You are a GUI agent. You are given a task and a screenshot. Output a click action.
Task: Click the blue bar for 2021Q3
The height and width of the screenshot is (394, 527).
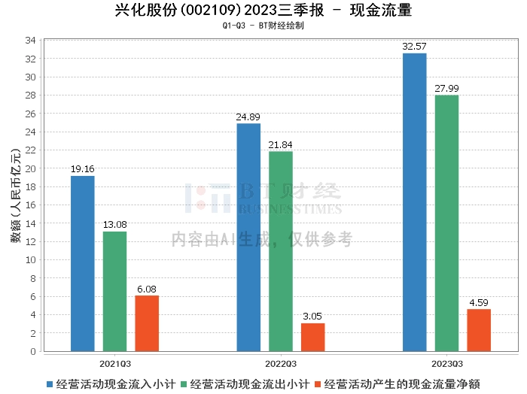pyautogui.click(x=82, y=263)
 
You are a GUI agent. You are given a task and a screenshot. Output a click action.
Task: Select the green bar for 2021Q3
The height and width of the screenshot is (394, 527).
pyautogui.click(x=114, y=291)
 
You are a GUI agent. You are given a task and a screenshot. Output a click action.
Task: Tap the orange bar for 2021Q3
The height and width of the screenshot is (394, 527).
pyautogui.click(x=147, y=323)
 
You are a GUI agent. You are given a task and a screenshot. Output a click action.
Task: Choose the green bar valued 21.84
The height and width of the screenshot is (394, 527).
pyautogui.click(x=281, y=251)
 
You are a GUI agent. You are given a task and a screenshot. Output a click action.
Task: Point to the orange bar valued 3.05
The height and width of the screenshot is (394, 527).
pyautogui.click(x=313, y=337)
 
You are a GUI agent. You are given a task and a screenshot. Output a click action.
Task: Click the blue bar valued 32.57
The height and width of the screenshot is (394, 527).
pyautogui.click(x=414, y=202)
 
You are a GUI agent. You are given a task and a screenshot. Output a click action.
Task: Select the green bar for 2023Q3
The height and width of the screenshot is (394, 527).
pyautogui.click(x=446, y=223)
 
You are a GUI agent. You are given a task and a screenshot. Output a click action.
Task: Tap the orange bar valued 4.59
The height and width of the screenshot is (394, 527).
pyautogui.click(x=479, y=330)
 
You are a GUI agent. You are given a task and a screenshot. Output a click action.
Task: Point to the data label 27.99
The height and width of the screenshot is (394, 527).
pyautogui.click(x=446, y=89)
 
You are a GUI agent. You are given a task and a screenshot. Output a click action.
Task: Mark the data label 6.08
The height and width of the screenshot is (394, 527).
pyautogui.click(x=147, y=289)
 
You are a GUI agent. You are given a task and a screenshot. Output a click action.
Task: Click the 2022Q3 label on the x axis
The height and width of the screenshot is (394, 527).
pyautogui.click(x=281, y=362)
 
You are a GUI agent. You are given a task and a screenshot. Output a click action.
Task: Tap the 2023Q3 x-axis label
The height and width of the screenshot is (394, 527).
pyautogui.click(x=446, y=362)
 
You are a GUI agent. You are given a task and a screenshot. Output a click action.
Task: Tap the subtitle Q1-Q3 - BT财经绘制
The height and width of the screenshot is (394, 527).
pyautogui.click(x=263, y=26)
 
